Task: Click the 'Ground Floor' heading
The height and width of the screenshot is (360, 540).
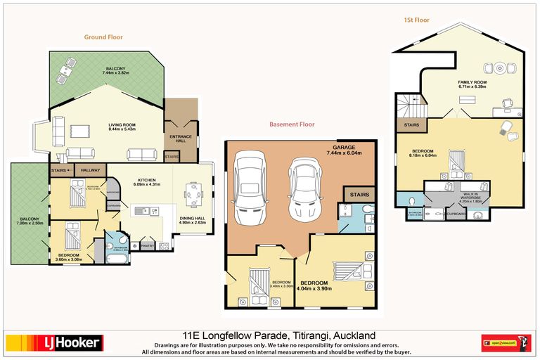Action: pyautogui.click(x=104, y=37)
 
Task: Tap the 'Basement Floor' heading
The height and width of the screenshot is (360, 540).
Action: pyautogui.click(x=292, y=124)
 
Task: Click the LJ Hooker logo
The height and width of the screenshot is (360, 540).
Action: pyautogui.click(x=54, y=342)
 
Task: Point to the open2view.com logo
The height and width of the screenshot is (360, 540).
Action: pyautogui.click(x=506, y=342)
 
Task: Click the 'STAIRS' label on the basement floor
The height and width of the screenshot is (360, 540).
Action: pyautogui.click(x=359, y=193)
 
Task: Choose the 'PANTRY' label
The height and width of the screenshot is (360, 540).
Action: pyautogui.click(x=147, y=245)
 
